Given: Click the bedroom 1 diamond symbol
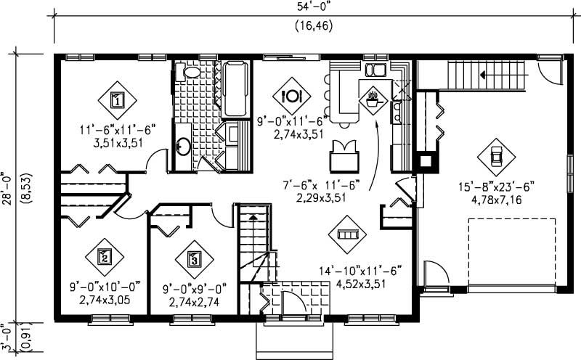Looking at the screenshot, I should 116,99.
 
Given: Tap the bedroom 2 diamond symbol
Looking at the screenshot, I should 105,255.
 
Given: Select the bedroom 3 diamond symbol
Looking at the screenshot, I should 193,258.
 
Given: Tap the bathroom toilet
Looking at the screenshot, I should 191,71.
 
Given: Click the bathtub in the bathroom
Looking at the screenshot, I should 235,89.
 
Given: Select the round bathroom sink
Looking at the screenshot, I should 182,147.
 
